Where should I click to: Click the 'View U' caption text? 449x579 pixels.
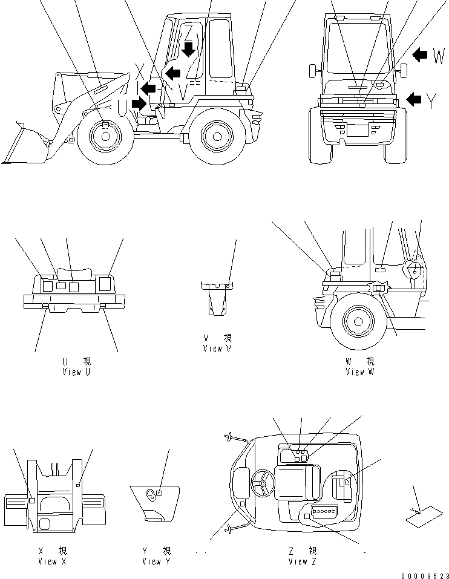76,372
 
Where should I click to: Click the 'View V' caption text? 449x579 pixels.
217,348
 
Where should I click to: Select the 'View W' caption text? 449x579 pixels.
359,372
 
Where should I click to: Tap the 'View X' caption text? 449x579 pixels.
51,561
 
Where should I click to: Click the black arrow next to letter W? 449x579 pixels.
420,55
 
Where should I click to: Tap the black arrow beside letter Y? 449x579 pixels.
414,99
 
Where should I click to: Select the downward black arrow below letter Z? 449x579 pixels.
189,48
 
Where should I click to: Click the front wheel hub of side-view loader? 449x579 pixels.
105,136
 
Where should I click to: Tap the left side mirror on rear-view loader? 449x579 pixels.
313,70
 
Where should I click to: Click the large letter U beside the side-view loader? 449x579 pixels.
122,108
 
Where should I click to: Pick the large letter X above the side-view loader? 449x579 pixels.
140,71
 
